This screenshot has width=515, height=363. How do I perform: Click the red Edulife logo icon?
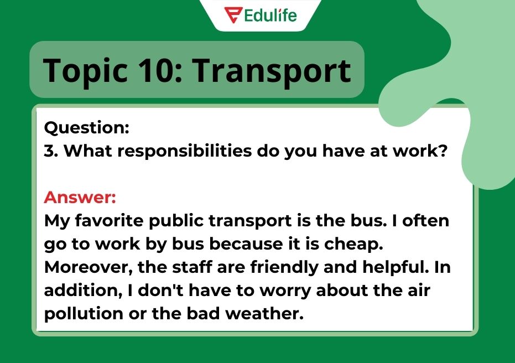click(x=233, y=15)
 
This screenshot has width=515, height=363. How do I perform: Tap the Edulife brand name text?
click(x=270, y=15)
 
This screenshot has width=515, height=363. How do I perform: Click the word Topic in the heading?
click(x=85, y=71)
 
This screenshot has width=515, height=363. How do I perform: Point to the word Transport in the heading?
click(x=271, y=71)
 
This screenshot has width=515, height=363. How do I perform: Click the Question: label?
click(x=87, y=127)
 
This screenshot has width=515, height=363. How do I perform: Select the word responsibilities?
click(x=185, y=152)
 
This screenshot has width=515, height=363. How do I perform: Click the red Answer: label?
click(x=80, y=197)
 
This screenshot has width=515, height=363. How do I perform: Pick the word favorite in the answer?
click(x=109, y=220)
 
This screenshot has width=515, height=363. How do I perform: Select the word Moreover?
click(x=89, y=267)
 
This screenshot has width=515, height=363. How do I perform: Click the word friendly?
click(x=284, y=267)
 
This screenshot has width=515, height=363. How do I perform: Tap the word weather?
click(x=264, y=313)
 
